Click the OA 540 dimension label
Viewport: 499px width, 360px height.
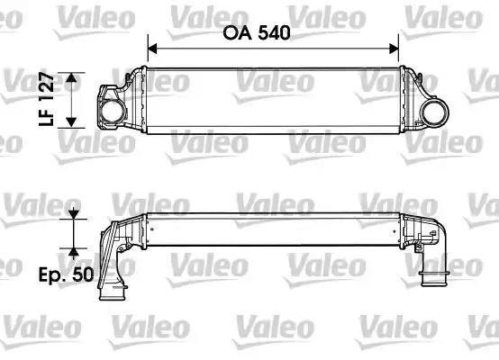point(257,32)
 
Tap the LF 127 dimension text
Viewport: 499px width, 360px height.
point(47,99)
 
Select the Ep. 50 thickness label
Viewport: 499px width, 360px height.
point(66,274)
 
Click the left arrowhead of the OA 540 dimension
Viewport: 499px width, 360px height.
point(153,49)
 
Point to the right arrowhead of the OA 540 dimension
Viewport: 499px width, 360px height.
point(394,49)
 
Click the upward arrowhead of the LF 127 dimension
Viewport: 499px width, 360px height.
point(71,78)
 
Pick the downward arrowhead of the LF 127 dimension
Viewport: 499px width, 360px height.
point(71,122)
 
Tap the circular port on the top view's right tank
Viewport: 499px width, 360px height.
point(435,112)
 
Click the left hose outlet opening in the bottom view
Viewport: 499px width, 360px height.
point(113,295)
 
